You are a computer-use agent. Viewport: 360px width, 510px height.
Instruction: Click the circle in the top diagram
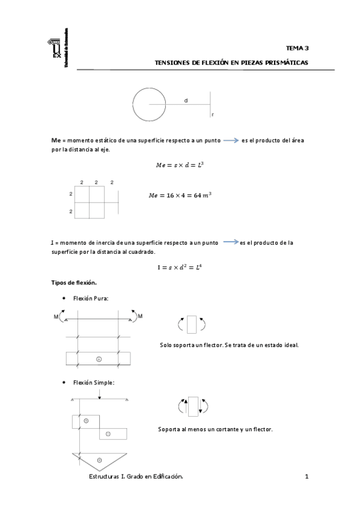coord(149,104)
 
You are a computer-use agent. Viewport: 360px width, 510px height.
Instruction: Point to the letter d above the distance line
coord(186,100)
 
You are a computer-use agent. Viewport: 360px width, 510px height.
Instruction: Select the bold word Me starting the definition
coord(56,140)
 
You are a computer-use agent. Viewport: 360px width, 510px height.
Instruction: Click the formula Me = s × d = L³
coord(181,163)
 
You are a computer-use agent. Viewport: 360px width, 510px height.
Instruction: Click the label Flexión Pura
coord(91,298)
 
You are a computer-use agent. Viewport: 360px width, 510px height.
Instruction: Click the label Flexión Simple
coord(94,382)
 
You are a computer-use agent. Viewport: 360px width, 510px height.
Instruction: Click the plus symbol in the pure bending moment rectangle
coord(99,358)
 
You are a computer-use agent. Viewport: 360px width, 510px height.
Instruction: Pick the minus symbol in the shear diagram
coord(108,434)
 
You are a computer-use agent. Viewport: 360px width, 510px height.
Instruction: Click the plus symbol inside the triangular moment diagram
coord(99,460)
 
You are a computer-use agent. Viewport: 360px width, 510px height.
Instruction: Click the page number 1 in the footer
coord(307,476)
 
